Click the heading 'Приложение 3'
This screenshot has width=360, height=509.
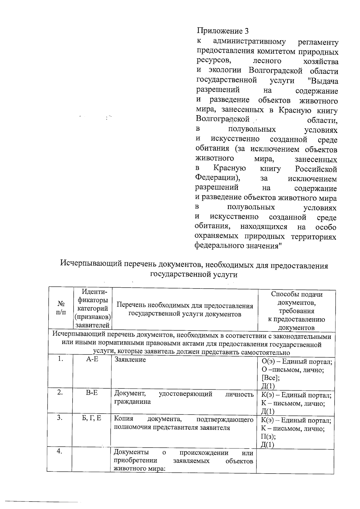click(223, 31)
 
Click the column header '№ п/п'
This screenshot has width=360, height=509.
click(61, 308)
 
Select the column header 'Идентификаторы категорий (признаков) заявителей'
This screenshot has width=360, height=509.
click(92, 308)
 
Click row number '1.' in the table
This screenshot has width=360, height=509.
click(61, 359)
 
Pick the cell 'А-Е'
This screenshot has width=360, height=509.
click(92, 359)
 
